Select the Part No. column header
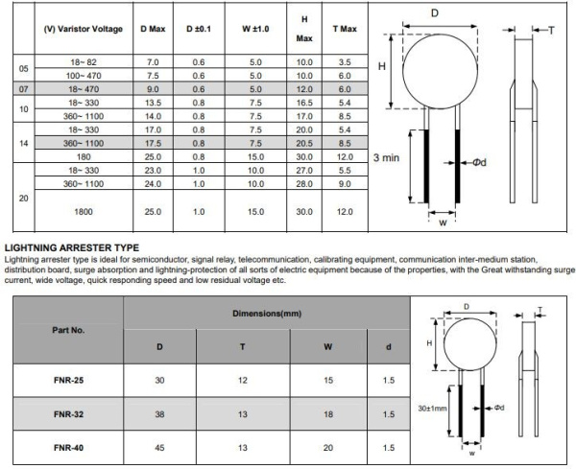coord(65,329)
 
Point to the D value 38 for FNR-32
coord(158,414)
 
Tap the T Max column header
coord(345,28)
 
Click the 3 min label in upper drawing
coord(386,155)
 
